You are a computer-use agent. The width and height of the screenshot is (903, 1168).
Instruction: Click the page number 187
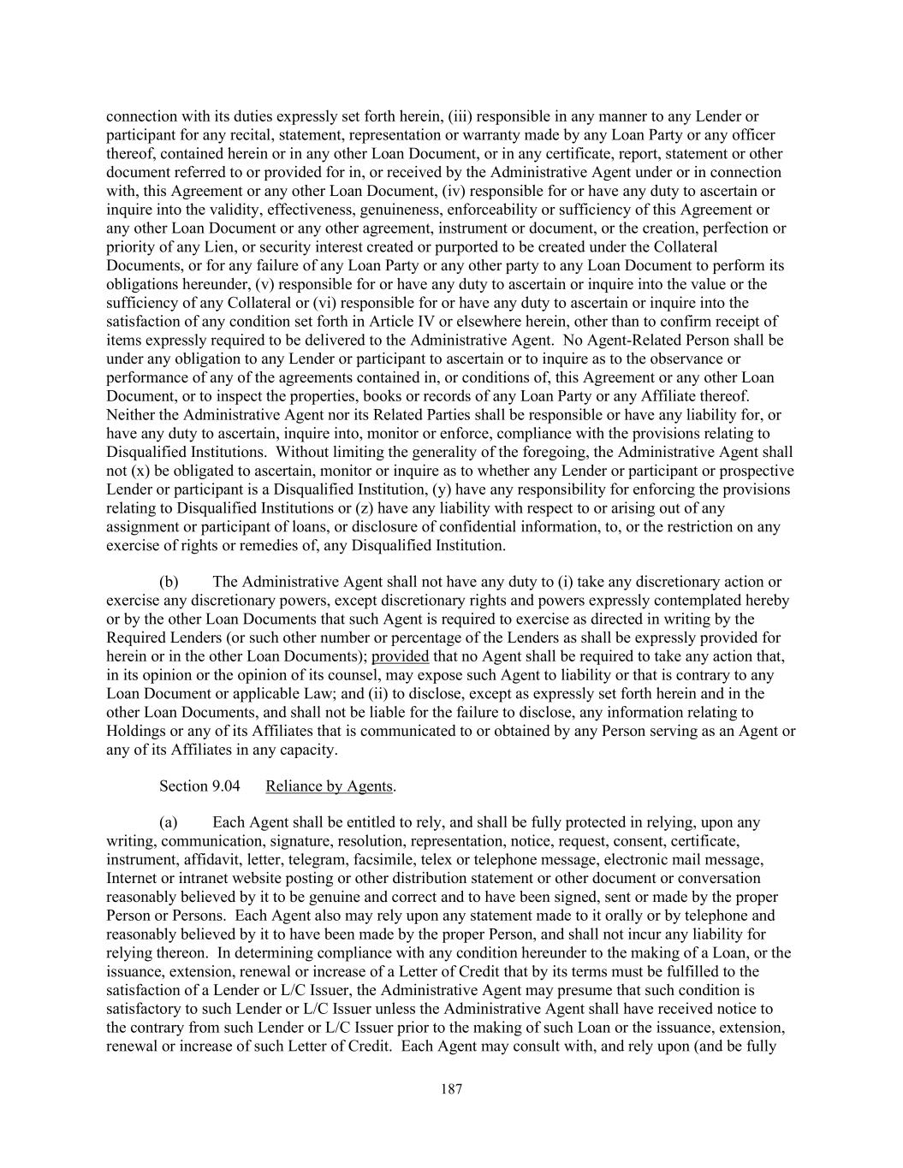[x=451, y=1089]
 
